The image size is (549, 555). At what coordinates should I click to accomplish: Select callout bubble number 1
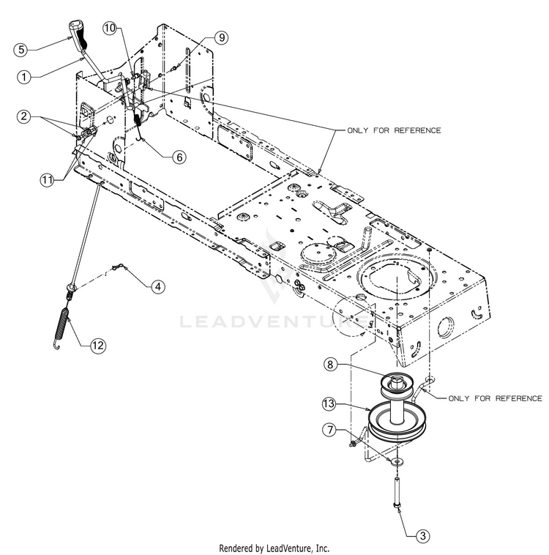23,75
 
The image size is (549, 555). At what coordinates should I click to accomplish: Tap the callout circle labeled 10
110,28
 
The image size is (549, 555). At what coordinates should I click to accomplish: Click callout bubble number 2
24,116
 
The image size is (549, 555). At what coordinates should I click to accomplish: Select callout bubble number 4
158,287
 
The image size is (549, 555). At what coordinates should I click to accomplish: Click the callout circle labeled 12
98,344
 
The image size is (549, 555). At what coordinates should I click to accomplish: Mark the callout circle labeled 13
330,403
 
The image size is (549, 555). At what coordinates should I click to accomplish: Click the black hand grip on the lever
77,33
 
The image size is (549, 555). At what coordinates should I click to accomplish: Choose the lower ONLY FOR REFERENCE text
495,398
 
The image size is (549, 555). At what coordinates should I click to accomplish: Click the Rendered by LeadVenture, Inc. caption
274,547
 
